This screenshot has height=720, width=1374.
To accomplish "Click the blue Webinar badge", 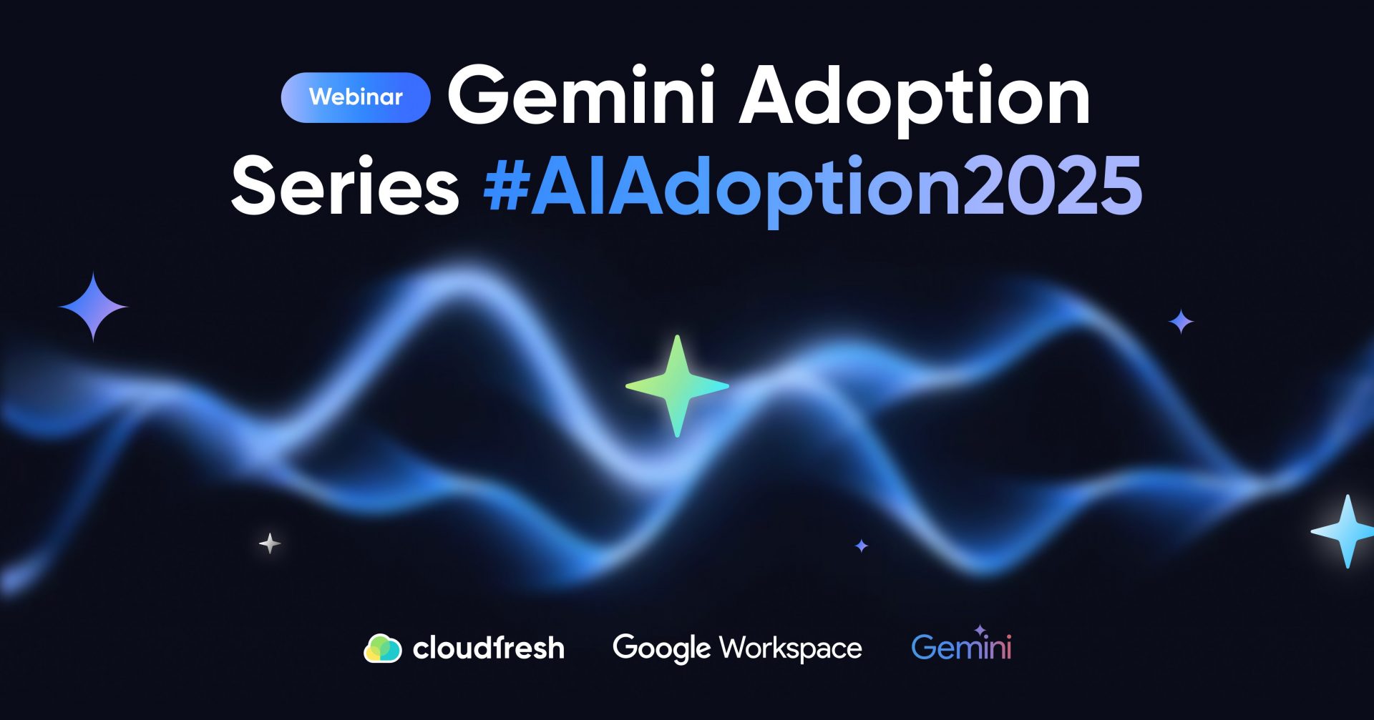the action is tap(356, 97).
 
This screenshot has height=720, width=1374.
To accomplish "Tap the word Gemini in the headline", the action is tap(581, 96).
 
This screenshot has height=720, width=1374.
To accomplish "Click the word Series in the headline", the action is tap(345, 185).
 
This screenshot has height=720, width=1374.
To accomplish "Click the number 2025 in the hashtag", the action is tap(1051, 185).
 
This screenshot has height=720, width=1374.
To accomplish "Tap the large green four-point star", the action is tap(677, 386).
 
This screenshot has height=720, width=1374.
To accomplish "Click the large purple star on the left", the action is tap(93, 307).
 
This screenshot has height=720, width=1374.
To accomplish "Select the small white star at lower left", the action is tap(270, 544).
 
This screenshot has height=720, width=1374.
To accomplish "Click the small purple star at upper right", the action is tap(1181, 322).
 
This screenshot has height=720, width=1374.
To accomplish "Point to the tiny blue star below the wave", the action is tap(862, 546).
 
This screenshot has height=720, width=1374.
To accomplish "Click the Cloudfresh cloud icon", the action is tap(383, 649).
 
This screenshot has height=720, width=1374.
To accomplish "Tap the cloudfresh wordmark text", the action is tap(489, 648).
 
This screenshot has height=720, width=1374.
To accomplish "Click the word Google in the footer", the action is tap(662, 649).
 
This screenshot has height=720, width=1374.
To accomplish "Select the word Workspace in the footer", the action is tap(791, 649).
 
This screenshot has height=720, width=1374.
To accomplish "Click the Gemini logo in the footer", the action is tap(961, 646).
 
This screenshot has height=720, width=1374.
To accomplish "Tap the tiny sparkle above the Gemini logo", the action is tap(980, 630).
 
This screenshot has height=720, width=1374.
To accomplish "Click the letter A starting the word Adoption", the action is tap(776, 96).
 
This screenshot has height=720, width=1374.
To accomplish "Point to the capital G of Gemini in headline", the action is tap(479, 96).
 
